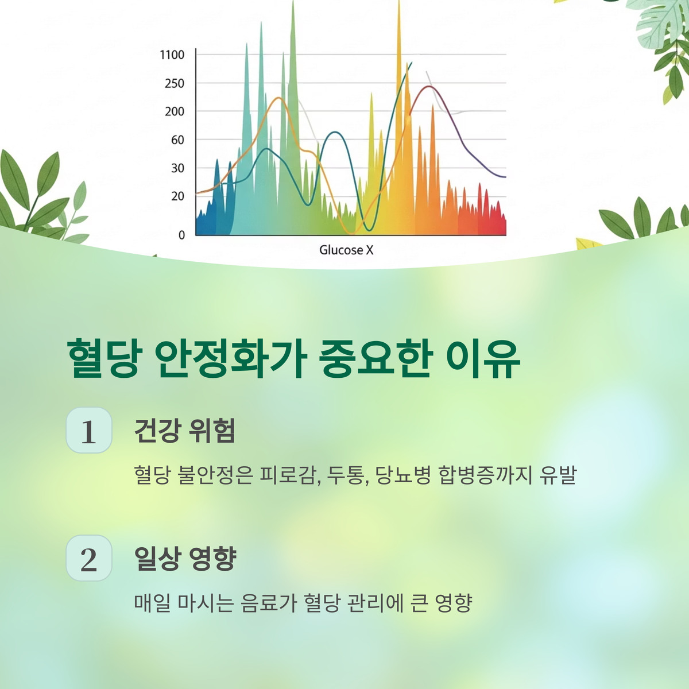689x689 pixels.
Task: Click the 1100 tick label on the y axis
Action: (172, 55)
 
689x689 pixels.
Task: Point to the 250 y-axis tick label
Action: (175, 83)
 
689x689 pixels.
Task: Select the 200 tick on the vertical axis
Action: (175, 111)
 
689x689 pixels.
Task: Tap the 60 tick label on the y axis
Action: (177, 140)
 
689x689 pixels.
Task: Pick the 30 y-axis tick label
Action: (177, 168)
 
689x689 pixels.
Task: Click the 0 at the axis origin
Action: (181, 235)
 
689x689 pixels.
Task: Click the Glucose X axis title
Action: (346, 250)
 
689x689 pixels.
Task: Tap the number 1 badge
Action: (89, 431)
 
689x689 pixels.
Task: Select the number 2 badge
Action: (89, 558)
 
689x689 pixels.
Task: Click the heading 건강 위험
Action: (184, 431)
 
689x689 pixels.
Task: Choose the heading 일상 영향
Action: (185, 558)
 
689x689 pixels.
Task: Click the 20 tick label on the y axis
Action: (177, 196)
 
